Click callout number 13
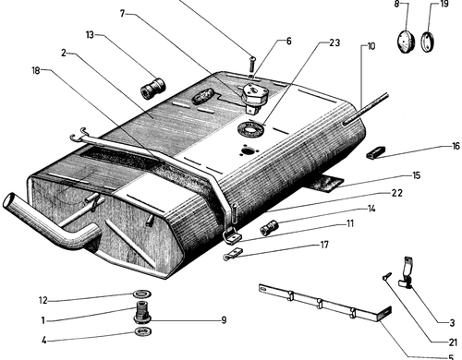tap(90, 35)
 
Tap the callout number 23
tap(334, 42)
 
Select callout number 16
tap(456, 146)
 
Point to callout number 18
tap(36, 70)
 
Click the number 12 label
tap(43, 300)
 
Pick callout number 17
tap(324, 245)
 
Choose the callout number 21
tap(453, 342)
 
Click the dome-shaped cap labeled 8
tap(406, 41)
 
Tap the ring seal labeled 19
tap(428, 42)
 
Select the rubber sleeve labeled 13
tap(152, 89)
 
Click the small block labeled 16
tap(375, 152)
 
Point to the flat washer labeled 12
tap(142, 294)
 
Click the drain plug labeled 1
tap(141, 312)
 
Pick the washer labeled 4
tap(143, 331)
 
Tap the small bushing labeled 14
tap(269, 228)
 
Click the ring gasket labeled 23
tap(251, 128)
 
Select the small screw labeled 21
tap(387, 275)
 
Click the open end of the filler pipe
tap(9, 200)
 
